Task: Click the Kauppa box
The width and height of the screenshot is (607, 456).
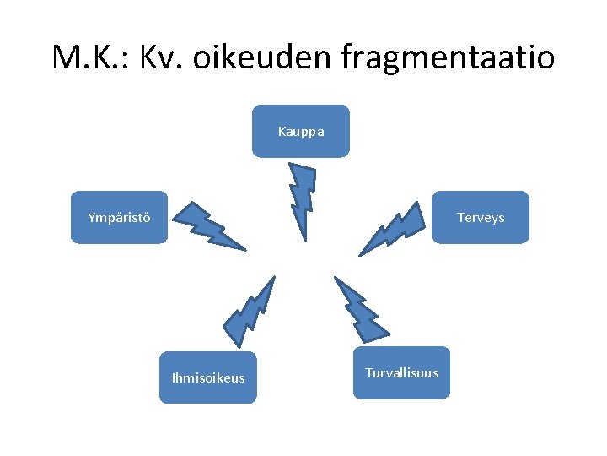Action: [300, 131]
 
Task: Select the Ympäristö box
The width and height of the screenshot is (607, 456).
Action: [119, 217]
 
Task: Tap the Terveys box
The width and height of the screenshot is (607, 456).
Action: [481, 217]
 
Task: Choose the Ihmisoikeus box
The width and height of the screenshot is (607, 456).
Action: [207, 377]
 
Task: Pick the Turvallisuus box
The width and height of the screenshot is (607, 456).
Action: [401, 372]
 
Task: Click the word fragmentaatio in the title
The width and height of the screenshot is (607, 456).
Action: [448, 57]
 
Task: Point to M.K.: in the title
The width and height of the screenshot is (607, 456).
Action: [89, 57]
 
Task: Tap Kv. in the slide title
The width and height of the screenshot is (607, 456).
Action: [166, 57]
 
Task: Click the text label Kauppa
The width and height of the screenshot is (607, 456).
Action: [300, 132]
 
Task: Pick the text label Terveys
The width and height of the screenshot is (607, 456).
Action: [481, 218]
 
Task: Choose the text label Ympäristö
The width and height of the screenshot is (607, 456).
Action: [119, 218]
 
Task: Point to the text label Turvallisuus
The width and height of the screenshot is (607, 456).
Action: [401, 373]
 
